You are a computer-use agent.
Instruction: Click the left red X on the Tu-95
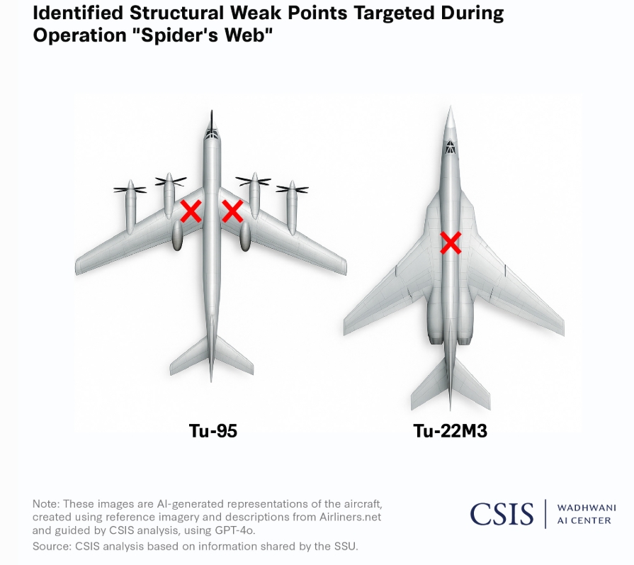click(191, 211)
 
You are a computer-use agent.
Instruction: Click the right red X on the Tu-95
click(232, 211)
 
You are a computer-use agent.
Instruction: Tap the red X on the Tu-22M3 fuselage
click(451, 243)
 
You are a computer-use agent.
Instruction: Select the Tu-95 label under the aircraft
click(213, 430)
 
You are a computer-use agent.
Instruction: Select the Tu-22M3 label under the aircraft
click(450, 430)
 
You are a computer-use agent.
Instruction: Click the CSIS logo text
click(502, 513)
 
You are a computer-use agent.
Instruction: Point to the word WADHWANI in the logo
click(587, 508)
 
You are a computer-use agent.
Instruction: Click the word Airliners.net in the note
click(350, 517)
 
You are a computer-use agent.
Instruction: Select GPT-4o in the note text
click(234, 530)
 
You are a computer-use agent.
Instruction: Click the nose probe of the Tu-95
click(212, 118)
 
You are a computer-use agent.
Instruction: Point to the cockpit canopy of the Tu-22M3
click(450, 147)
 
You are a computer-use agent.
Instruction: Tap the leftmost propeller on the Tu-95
click(130, 189)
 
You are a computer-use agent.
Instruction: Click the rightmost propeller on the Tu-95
click(293, 189)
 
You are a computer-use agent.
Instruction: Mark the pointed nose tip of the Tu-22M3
click(451, 107)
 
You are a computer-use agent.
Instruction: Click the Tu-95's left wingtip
click(77, 268)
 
